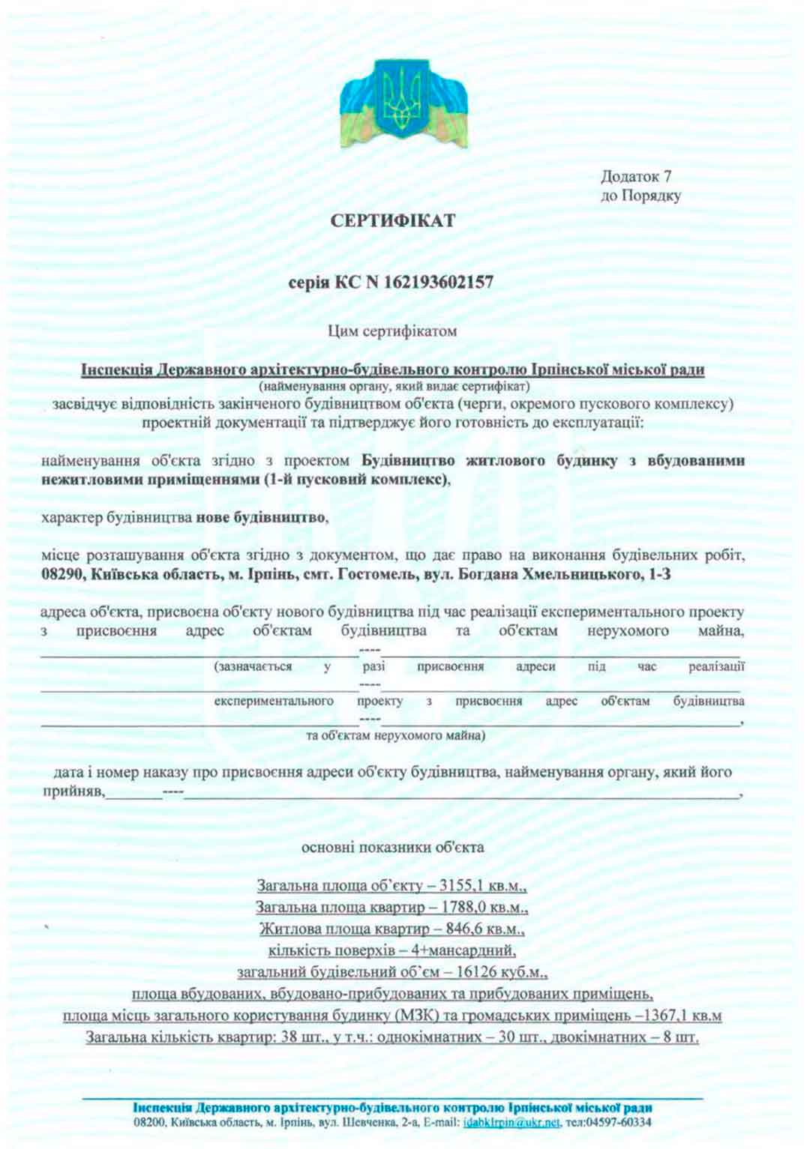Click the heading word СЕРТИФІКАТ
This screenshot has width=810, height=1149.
392,221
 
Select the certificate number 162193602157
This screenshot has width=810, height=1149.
439,283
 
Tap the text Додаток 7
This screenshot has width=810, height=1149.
636,177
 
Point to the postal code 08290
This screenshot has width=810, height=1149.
61,575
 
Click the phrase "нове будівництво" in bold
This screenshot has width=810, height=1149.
261,518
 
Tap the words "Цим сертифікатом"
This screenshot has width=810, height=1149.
392,331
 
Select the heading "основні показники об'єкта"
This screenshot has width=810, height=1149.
392,848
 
